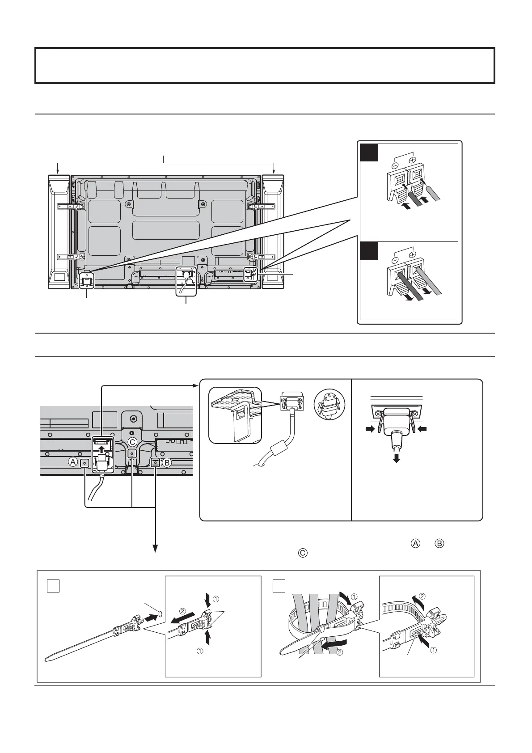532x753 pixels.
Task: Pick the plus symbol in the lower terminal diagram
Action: coord(413,254)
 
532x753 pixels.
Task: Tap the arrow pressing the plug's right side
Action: coord(424,429)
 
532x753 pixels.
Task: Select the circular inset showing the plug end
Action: coord(326,403)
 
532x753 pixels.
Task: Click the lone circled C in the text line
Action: coord(302,553)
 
